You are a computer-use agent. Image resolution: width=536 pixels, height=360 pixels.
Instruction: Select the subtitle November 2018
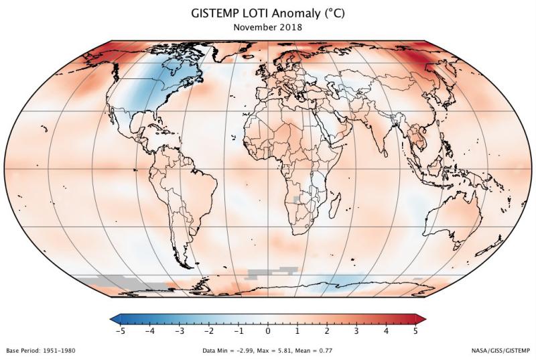(267, 28)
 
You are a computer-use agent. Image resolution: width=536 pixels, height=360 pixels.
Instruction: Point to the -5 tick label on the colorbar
(121, 331)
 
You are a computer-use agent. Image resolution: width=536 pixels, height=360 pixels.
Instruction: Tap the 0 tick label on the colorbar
(268, 331)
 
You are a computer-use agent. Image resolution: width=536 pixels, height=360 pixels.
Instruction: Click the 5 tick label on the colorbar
(415, 331)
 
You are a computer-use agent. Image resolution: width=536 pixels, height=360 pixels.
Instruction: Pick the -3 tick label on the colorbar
(180, 331)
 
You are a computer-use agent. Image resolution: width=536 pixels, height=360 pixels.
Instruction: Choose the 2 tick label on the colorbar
(327, 331)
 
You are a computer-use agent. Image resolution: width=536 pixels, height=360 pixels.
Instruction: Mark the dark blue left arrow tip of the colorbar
(114, 317)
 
